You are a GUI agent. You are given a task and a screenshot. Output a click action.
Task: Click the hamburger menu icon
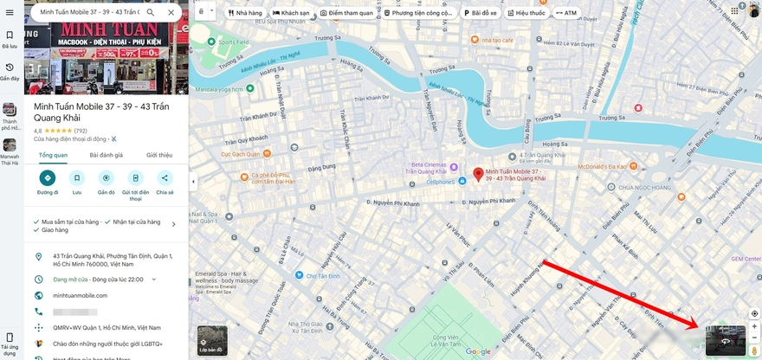(10, 13)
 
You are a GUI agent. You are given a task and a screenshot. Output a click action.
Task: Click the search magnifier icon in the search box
(151, 13)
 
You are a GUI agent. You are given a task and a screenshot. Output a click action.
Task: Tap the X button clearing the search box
(171, 13)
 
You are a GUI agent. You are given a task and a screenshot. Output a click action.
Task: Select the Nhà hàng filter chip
(245, 14)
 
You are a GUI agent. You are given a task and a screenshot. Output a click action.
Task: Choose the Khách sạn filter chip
(291, 14)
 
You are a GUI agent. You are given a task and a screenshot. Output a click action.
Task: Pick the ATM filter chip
(567, 14)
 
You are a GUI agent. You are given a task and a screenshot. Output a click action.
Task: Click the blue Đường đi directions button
(48, 178)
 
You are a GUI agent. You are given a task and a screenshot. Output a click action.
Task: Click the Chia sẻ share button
(165, 178)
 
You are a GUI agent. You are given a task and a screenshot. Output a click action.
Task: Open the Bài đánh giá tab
(107, 155)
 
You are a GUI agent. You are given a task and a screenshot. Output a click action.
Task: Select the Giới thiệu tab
(158, 155)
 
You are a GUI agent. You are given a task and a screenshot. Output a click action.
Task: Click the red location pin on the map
(477, 174)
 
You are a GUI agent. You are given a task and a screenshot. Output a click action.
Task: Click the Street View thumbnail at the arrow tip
(725, 340)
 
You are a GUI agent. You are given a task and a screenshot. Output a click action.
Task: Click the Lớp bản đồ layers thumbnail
(212, 341)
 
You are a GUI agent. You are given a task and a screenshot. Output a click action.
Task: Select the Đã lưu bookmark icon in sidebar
(10, 39)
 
